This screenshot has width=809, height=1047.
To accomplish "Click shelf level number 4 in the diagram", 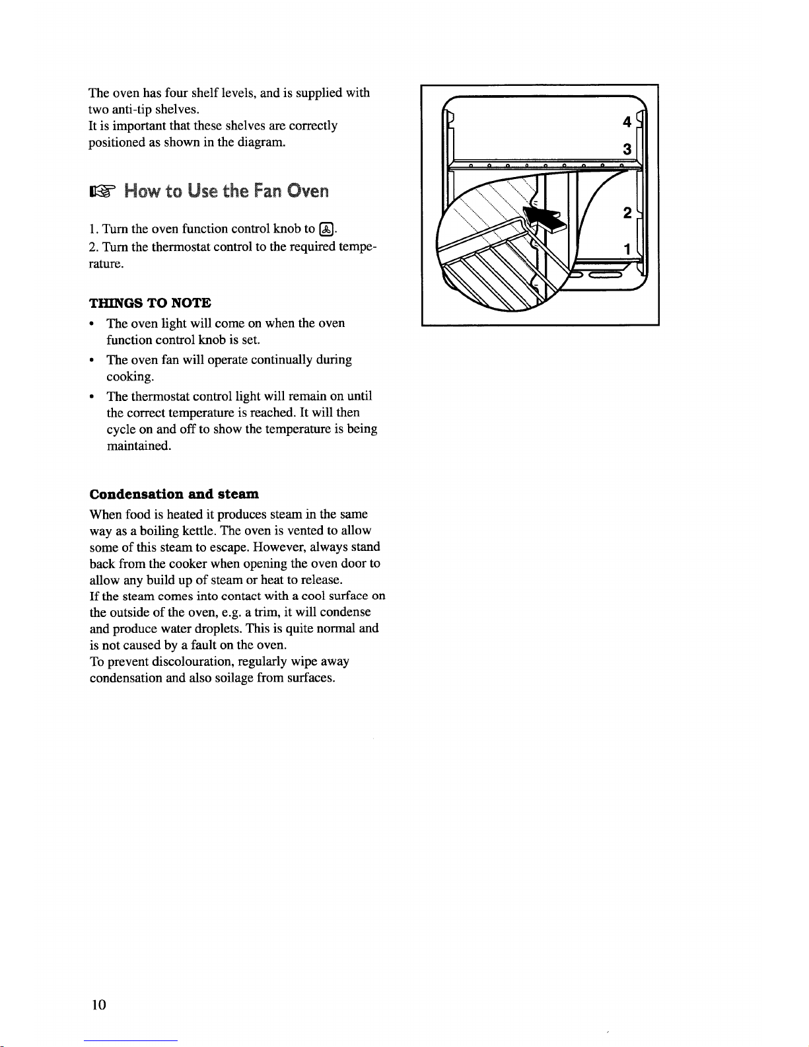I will tap(627, 122).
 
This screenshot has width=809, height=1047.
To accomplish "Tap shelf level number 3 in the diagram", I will tap(627, 150).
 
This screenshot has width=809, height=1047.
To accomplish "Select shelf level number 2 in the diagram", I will tap(627, 213).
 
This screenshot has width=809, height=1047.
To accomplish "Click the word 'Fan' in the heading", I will tap(266, 192).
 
